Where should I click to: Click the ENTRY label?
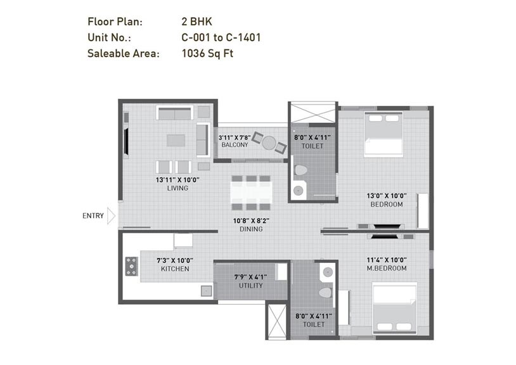coord(93,216)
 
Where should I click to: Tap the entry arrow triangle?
coord(111,216)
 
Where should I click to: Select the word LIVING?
coord(177,188)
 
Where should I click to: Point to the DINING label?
coord(252,229)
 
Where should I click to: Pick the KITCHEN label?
coord(175,269)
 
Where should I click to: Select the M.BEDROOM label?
coord(386,269)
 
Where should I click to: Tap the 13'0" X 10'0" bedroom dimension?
coord(387,196)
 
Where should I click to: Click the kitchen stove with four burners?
coord(131,266)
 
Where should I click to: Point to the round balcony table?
coord(270,142)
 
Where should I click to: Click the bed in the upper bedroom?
coord(384,134)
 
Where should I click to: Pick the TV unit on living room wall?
coord(127,141)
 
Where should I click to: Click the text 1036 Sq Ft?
coord(207,54)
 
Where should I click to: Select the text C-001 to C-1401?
coord(221,38)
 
